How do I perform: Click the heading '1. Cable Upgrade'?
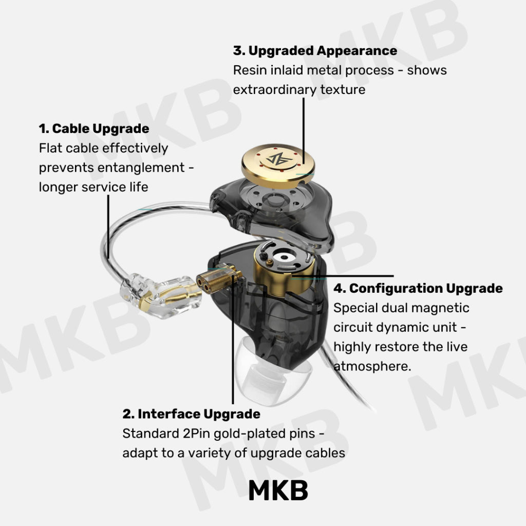tap(94, 129)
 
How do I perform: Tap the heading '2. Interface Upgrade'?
tap(191, 415)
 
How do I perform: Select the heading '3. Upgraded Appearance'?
tap(315, 51)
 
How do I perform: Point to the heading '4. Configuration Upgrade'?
tap(418, 289)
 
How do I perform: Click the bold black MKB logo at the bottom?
tap(278, 491)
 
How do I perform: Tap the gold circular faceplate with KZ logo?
tap(278, 166)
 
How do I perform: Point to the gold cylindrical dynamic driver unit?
tap(284, 268)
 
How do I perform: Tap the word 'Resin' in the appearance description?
tap(250, 70)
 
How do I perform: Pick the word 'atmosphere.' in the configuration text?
tap(372, 366)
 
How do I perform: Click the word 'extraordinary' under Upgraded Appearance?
tap(275, 90)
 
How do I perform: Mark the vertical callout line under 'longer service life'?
tap(108, 227)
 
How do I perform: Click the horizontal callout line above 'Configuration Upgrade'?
tap(342, 276)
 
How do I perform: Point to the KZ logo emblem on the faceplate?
tap(279, 159)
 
